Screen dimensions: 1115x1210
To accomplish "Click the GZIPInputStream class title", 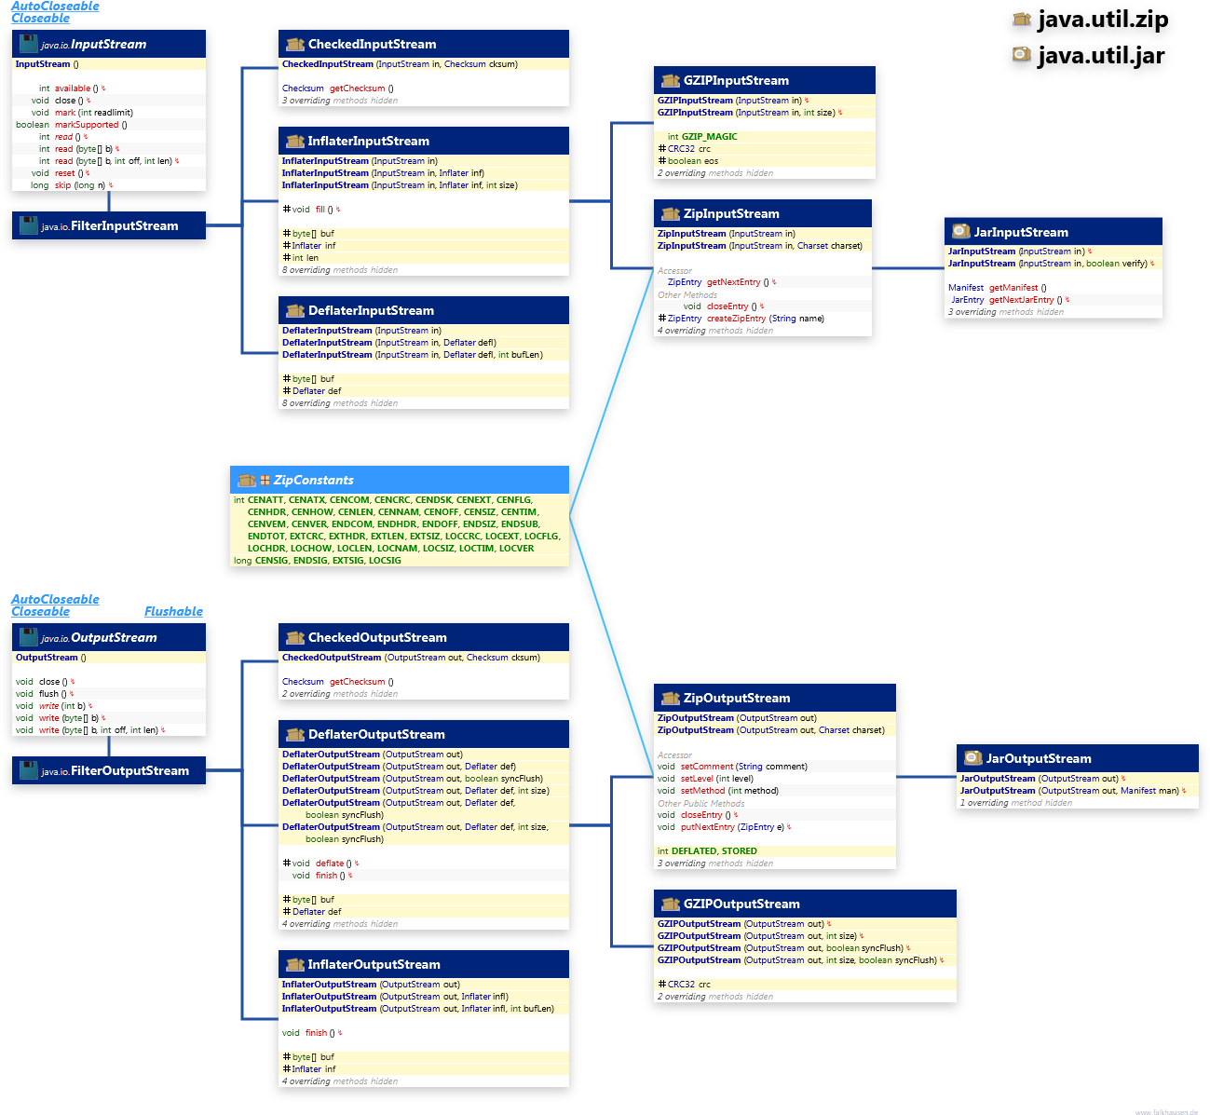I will pyautogui.click(x=736, y=81).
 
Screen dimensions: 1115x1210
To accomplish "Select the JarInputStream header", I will pyautogui.click(x=1021, y=233).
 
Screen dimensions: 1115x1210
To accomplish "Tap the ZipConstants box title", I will pyautogui.click(x=313, y=481).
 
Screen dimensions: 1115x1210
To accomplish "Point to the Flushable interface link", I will pyautogui.click(x=173, y=612).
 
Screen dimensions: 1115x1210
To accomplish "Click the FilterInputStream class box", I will pyautogui.click(x=110, y=226).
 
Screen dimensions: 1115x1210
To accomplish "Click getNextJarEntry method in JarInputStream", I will pyautogui.click(x=1021, y=300).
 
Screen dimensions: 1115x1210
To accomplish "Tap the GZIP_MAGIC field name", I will pyautogui.click(x=709, y=137).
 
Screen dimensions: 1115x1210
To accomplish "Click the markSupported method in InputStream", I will pyautogui.click(x=87, y=125).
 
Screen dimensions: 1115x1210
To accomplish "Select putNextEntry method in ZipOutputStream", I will pyautogui.click(x=707, y=827).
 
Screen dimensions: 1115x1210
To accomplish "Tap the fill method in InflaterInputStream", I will pyautogui.click(x=320, y=210).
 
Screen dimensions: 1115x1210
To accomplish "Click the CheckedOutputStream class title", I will pyautogui.click(x=377, y=638).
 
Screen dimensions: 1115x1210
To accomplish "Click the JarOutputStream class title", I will pyautogui.click(x=1039, y=759).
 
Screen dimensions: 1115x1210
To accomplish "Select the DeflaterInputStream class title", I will pyautogui.click(x=371, y=311).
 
